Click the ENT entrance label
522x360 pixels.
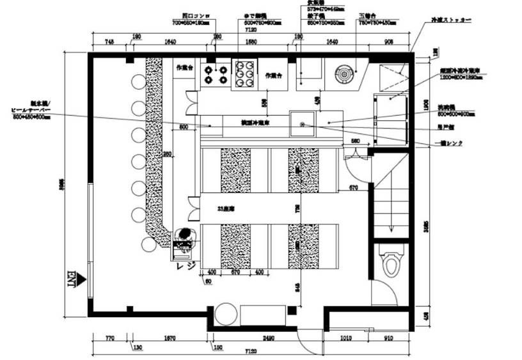(x=72, y=279)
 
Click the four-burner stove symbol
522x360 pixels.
(x=215, y=73)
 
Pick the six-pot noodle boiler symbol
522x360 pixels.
(x=244, y=73)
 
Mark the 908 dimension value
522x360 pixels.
(x=389, y=42)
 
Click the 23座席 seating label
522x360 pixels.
(x=226, y=208)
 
